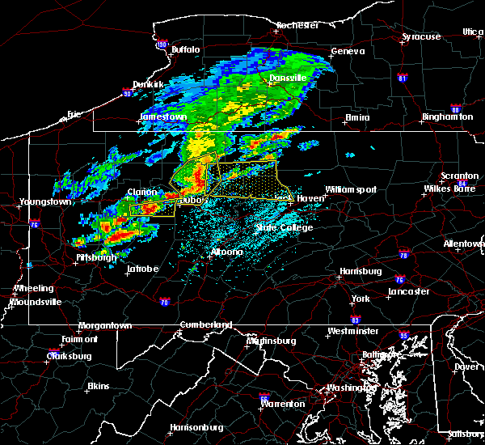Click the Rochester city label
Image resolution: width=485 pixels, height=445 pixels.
click(x=298, y=25)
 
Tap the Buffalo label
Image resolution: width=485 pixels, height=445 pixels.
click(x=185, y=50)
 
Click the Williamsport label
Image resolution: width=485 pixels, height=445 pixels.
click(x=351, y=189)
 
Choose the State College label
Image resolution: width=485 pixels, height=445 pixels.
click(x=284, y=227)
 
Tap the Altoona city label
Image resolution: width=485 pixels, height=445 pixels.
click(x=226, y=252)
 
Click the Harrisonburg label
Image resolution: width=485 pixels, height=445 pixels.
click(x=198, y=426)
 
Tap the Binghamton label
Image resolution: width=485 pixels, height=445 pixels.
click(x=447, y=117)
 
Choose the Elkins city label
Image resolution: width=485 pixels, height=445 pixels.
click(x=99, y=386)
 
